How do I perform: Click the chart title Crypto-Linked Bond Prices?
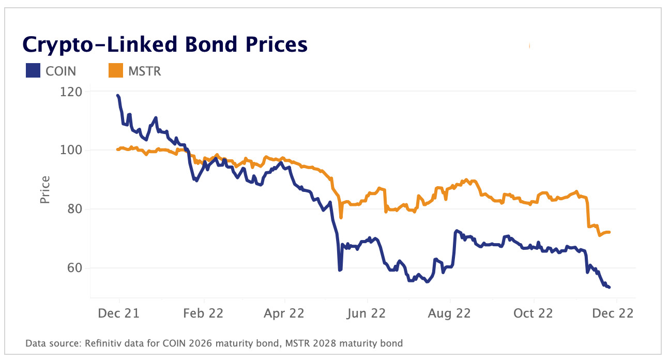pos(165,46)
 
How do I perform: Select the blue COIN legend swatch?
pos(33,71)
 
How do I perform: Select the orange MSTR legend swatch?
pos(115,71)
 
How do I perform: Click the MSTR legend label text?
pos(145,71)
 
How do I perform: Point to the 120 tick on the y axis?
pos(71,92)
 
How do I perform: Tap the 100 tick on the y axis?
pos(71,151)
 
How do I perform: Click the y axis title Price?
pos(45,189)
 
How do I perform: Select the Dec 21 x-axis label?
pos(119,313)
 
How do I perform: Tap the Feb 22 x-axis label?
pos(204,313)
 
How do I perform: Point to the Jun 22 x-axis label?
pos(368,313)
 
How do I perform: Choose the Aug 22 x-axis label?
pos(450,313)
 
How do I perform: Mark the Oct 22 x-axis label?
pos(534,313)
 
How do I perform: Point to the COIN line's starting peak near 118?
pos(118,96)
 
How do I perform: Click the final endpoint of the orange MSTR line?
pos(610,232)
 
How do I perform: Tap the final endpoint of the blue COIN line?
pos(610,287)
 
